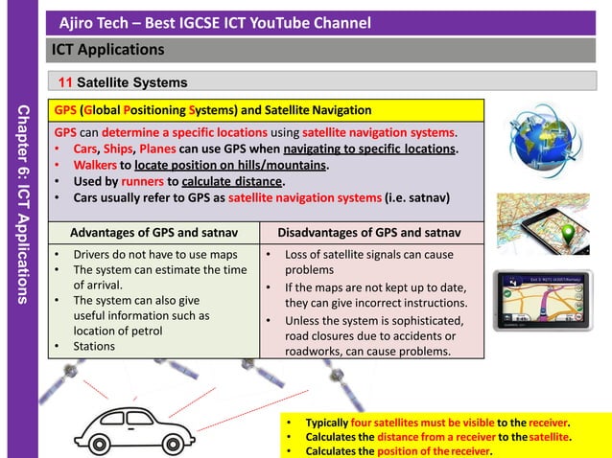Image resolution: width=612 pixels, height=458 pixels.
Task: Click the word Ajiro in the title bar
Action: point(79,22)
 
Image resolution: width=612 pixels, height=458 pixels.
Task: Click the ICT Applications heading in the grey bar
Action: point(108,49)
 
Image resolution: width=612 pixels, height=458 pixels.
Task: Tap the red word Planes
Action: point(159,149)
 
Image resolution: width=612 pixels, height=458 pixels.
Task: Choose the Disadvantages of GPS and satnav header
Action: point(370,233)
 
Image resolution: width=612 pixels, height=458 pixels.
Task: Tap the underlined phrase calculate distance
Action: point(231,182)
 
